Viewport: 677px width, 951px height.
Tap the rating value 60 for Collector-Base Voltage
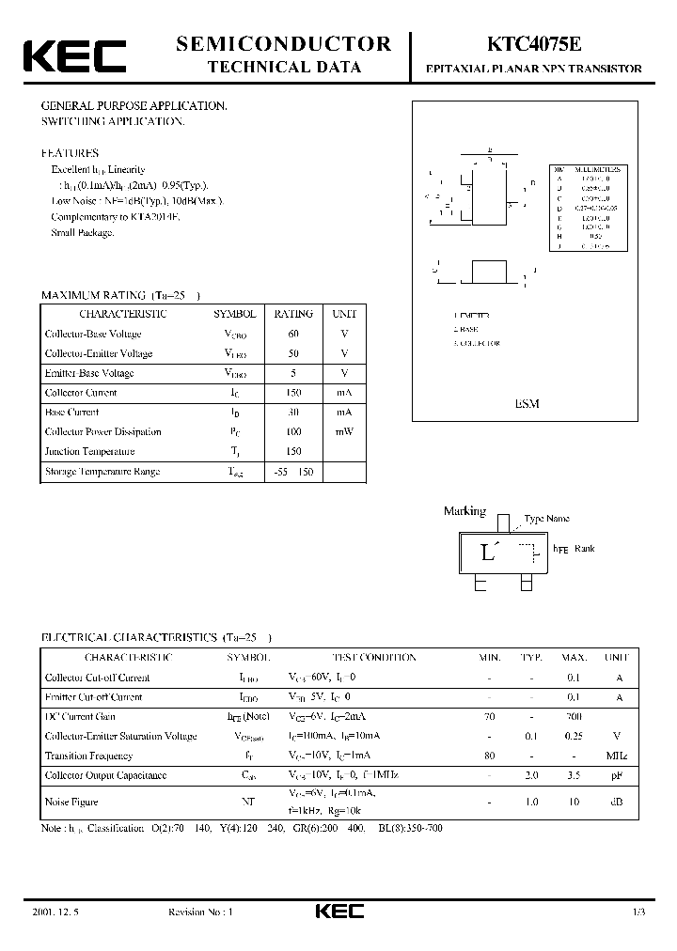pos(293,334)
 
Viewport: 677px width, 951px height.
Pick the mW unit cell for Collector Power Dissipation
pos(344,431)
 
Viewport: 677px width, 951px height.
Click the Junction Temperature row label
pos(89,451)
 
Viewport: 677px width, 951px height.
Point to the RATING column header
pos(293,314)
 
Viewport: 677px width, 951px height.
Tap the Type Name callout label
pos(546,519)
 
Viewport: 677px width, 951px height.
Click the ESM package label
pos(527,402)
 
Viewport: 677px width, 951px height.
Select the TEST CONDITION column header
pos(374,658)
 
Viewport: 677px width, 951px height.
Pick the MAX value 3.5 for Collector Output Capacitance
pos(574,775)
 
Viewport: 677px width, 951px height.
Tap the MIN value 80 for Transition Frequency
pos(489,756)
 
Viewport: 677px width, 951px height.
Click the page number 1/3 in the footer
pos(640,912)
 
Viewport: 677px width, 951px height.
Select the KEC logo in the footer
pos(338,912)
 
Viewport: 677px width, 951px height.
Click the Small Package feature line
pos(83,232)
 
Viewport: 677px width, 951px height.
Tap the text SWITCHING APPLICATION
pos(113,122)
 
